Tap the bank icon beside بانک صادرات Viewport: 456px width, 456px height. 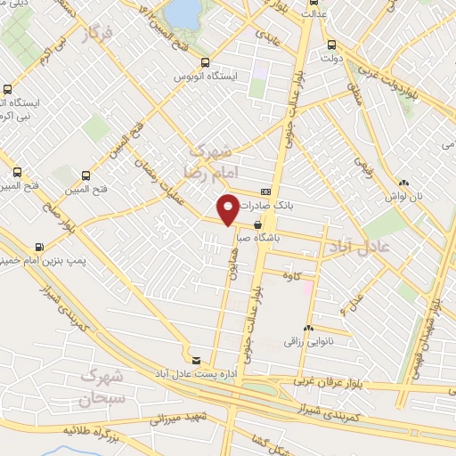pos(265,192)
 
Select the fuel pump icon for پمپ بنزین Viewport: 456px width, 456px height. pos(38,246)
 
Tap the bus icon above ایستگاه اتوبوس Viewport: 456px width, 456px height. pos(206,62)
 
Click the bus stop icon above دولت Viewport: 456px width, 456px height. pos(332,45)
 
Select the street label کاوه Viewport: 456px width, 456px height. pos(308,276)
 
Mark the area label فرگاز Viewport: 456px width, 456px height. pos(100,37)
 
